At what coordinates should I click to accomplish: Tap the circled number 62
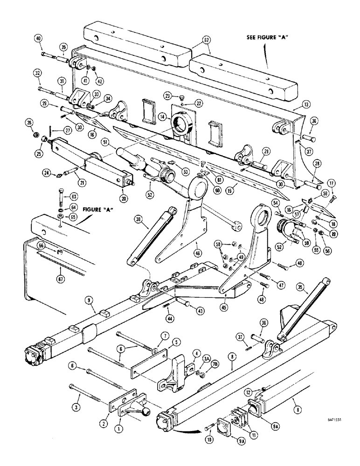coord(207,41)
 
